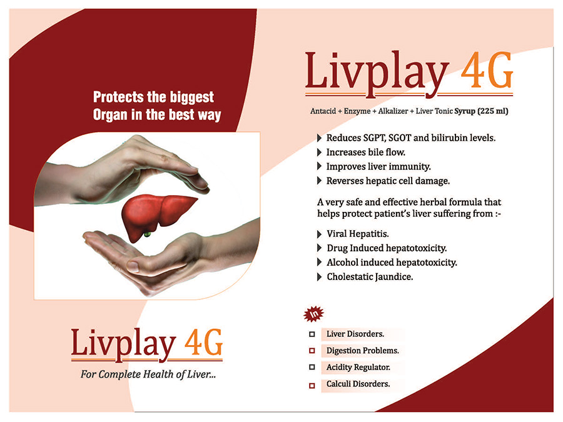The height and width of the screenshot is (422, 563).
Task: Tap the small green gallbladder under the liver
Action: [x=147, y=234]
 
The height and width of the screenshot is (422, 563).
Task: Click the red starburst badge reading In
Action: [x=313, y=314]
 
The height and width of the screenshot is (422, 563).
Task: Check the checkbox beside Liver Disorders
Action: [x=312, y=334]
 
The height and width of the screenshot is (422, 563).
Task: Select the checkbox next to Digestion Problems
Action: [x=312, y=351]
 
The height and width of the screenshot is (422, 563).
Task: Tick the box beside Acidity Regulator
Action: [x=312, y=367]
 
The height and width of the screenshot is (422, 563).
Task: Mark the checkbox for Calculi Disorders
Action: [x=312, y=386]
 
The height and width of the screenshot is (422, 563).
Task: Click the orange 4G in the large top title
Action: [x=487, y=70]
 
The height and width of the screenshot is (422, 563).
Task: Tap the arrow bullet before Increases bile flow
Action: [x=319, y=153]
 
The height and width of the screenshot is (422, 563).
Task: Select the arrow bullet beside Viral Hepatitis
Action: [x=319, y=234]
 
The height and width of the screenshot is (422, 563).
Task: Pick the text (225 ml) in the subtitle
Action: [x=493, y=111]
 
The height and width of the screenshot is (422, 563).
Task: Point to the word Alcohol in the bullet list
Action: [x=343, y=263]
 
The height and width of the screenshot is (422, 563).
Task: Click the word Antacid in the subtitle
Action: [x=323, y=111]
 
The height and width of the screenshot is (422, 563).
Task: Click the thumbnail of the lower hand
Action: [x=133, y=266]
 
